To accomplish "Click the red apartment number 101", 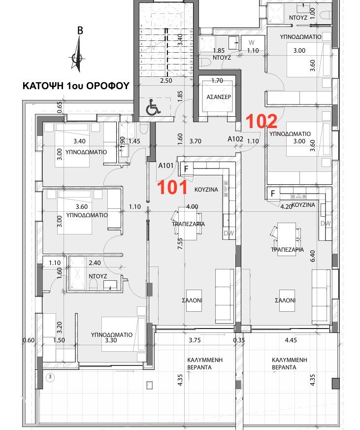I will pos(171,187).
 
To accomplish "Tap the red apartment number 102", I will pos(262,121).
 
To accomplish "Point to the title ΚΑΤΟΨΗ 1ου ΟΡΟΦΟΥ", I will pos(76,86).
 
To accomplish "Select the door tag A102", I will pos(236,139).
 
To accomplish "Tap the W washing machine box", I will pos(251,42).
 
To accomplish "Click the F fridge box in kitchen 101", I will pos(186,168).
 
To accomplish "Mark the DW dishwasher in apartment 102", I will pos(325,223).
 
